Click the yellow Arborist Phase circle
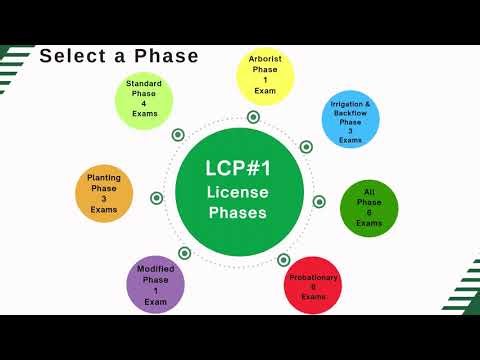tap(265, 75)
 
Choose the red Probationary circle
tap(313, 283)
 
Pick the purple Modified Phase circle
tap(155, 284)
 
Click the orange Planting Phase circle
tap(104, 194)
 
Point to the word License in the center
tap(237, 191)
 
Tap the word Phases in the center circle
tap(237, 213)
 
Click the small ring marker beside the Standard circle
tap(178, 134)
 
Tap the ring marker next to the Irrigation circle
tap(306, 147)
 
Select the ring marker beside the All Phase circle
tap(319, 201)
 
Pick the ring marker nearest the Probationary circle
tap(284, 259)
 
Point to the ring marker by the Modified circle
tap(184, 252)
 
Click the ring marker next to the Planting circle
tap(157, 197)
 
